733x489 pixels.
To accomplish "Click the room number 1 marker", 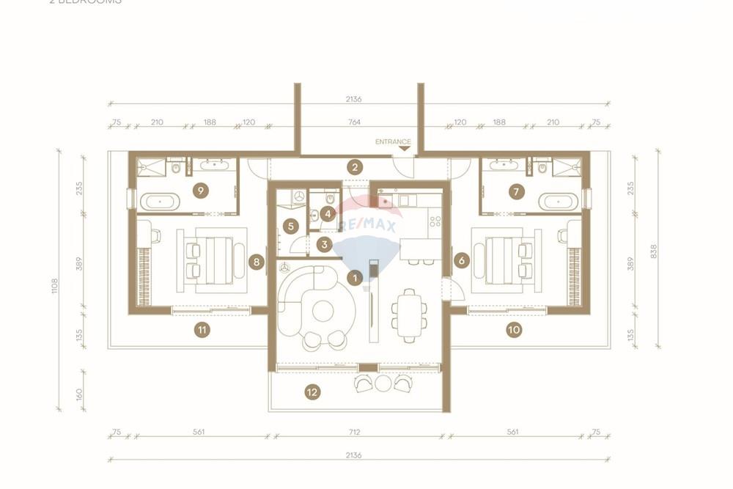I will (x=355, y=278).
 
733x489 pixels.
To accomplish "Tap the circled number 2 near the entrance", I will (x=355, y=167).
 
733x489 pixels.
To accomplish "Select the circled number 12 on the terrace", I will (x=312, y=392).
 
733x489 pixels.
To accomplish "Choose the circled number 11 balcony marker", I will (x=202, y=330).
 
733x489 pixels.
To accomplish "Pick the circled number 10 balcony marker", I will (x=513, y=330).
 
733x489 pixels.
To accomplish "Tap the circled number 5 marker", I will (x=291, y=227).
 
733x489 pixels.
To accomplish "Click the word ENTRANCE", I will (x=393, y=141).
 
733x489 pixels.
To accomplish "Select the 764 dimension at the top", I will (x=355, y=122).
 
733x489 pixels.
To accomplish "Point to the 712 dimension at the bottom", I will (x=355, y=433).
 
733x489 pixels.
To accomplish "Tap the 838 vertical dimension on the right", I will (x=653, y=251).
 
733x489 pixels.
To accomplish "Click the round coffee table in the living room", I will (x=323, y=311).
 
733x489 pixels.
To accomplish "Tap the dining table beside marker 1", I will (x=408, y=313).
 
